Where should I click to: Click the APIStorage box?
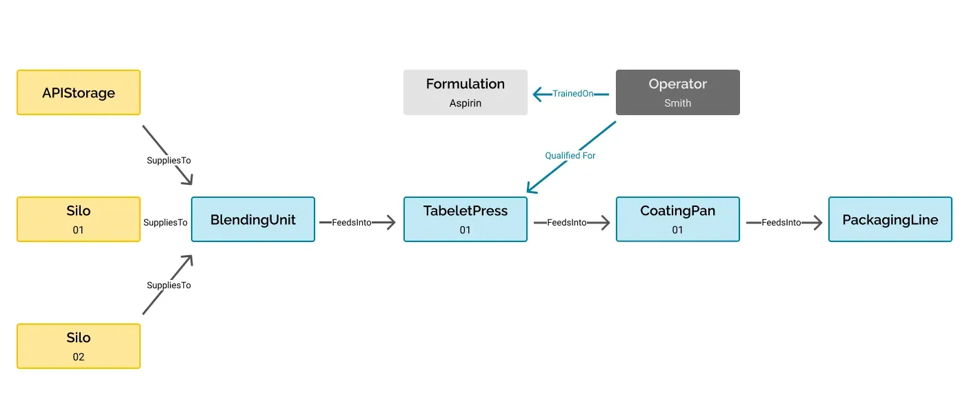pos(79,92)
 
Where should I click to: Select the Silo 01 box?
pos(79,219)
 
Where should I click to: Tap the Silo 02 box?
pos(79,346)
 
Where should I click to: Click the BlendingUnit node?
pos(252,219)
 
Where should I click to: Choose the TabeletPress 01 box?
pos(465,219)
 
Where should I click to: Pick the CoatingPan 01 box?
pos(677,219)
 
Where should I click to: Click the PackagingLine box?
pos(890,219)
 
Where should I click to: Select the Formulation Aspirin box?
pos(465,92)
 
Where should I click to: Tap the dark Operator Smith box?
pos(677,92)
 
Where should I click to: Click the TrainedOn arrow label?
pos(572,93)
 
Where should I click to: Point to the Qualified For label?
pos(570,156)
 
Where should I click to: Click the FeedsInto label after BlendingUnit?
pos(352,223)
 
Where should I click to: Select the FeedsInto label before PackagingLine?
pos(781,223)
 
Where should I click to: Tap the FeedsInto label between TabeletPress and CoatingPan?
pos(566,223)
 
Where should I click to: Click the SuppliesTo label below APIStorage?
pos(168,160)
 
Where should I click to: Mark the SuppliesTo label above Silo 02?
pos(168,285)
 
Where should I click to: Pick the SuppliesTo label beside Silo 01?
pos(166,223)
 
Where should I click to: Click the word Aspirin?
pos(465,103)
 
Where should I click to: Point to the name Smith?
pos(677,103)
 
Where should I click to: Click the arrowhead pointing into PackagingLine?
pos(817,223)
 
